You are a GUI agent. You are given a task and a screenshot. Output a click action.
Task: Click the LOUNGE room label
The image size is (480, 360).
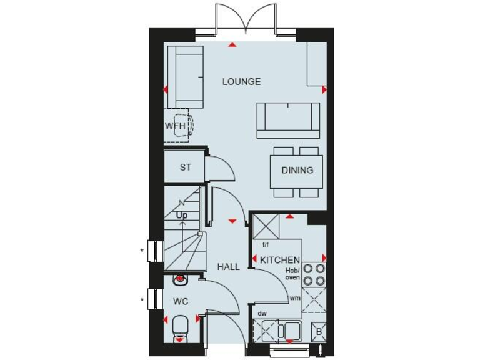241,82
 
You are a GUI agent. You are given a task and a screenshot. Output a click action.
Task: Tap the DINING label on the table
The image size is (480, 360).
297,170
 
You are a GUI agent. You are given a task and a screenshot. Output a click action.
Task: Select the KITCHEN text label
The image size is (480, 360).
280,260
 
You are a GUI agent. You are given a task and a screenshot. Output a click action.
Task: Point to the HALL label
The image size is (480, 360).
228,267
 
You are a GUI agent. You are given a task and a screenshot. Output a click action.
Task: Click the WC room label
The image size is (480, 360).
181,301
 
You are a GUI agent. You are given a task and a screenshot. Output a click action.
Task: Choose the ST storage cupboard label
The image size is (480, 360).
185,167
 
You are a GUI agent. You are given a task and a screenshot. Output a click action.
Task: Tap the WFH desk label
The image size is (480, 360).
176,126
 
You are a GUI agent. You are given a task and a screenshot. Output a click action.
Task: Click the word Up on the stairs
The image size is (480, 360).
182,216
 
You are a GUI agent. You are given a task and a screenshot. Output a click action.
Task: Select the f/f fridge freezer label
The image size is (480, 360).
266,244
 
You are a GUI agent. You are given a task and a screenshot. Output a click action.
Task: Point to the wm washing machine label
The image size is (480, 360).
294,299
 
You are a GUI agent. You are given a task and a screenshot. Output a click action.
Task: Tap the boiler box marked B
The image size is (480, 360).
319,332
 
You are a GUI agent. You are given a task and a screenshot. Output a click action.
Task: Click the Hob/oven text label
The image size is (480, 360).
293,274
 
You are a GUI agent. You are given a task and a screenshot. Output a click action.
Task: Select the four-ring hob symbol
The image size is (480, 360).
314,272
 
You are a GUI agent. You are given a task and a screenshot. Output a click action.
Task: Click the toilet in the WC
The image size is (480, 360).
180,327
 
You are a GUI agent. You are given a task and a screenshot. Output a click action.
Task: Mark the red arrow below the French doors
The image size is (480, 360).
232,45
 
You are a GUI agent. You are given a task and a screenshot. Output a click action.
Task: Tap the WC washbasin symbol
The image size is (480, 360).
180,278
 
